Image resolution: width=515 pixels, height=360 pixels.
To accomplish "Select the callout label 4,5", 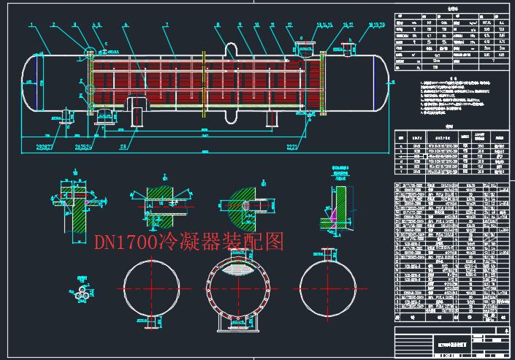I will click(95, 24).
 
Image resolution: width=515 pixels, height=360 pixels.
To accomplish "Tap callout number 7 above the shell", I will click(166, 24).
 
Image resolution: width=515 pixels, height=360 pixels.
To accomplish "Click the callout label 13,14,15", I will click(323, 24).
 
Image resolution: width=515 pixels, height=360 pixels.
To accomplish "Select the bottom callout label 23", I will click(123, 147).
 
